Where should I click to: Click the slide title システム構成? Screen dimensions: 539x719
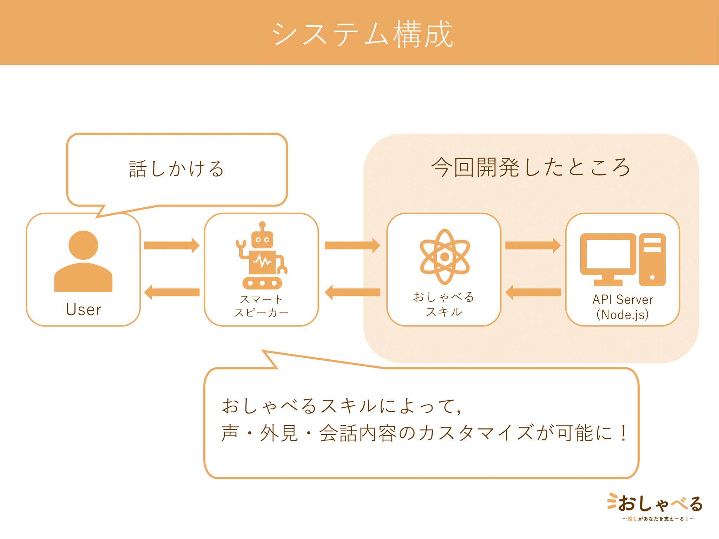click(362, 34)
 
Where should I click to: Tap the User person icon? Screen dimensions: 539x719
click(83, 261)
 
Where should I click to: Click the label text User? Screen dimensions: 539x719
click(84, 310)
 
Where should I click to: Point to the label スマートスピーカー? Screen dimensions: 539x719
click(261, 306)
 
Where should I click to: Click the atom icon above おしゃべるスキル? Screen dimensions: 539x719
click(444, 257)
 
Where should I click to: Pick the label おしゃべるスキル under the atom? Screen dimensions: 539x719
click(444, 304)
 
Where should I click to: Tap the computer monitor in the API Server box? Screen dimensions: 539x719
click(608, 258)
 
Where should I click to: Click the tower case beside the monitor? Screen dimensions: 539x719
click(652, 260)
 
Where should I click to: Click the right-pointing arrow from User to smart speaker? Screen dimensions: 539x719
click(172, 245)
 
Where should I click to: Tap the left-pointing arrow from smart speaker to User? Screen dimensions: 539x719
click(172, 292)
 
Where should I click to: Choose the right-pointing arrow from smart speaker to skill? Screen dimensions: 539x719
click(352, 245)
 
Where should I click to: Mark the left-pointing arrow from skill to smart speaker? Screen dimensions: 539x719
click(352, 292)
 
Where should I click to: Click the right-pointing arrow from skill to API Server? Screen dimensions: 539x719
click(533, 245)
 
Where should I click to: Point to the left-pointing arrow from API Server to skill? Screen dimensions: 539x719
click(533, 292)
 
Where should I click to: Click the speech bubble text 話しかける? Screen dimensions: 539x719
click(177, 169)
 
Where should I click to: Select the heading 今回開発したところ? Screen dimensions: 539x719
click(530, 167)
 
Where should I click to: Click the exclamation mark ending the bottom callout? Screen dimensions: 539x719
click(624, 433)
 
